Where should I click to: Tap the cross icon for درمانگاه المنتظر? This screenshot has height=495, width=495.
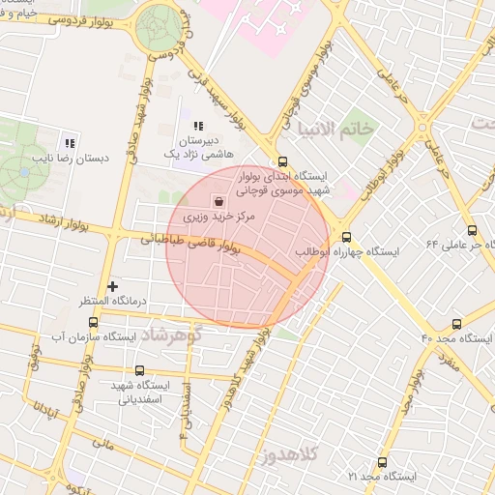click(113, 286)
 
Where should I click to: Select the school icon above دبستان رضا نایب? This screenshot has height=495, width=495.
click(68, 141)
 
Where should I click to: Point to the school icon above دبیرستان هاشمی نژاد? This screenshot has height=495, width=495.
click(197, 126)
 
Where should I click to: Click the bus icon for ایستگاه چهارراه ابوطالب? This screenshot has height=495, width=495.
click(346, 237)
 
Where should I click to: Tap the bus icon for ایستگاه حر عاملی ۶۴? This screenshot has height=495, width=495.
click(472, 230)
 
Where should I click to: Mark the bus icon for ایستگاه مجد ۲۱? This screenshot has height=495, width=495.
click(382, 462)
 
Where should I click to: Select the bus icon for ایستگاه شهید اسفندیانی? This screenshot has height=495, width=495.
click(140, 370)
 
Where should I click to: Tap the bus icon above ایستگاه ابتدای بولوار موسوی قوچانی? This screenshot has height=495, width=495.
click(282, 162)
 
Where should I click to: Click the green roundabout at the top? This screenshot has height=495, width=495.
click(158, 28)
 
